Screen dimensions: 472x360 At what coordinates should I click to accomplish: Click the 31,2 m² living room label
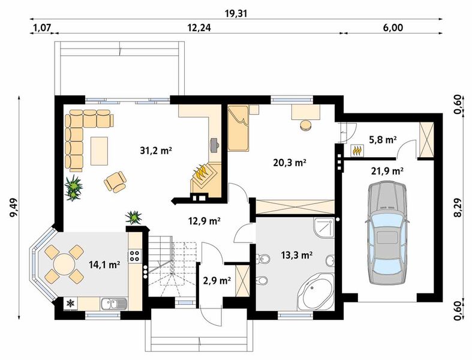[x=155, y=150]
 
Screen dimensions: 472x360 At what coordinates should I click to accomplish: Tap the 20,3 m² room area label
[x=290, y=163]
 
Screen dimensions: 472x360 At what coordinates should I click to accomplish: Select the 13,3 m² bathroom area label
[x=296, y=255]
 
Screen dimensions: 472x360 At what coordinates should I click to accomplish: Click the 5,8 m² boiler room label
[x=382, y=139]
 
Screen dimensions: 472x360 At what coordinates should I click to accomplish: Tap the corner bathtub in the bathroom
[x=315, y=292]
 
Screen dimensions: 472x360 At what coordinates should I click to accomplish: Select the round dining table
[x=64, y=264]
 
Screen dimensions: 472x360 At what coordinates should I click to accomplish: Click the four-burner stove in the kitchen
[x=134, y=256]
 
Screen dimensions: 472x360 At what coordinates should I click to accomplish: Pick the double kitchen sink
[x=113, y=304]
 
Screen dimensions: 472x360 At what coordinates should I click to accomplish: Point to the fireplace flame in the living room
[x=202, y=173]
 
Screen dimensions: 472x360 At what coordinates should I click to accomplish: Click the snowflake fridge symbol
[x=70, y=304]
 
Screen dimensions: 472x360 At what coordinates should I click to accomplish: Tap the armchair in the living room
[x=115, y=182]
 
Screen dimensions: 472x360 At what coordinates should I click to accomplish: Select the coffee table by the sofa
[x=100, y=151]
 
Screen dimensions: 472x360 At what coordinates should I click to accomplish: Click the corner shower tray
[x=324, y=228]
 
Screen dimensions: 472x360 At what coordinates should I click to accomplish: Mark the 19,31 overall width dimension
[x=236, y=14]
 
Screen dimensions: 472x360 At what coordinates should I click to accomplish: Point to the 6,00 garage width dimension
[x=393, y=28]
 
